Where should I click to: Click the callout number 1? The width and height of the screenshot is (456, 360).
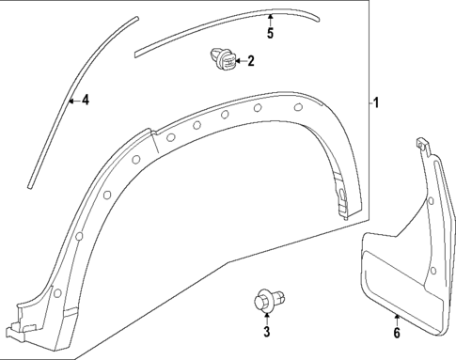coord(378,102)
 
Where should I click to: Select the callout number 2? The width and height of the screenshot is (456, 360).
coord(251,63)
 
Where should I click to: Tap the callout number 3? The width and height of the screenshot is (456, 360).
coord(266,331)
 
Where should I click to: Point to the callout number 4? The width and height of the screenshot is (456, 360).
coord(85,100)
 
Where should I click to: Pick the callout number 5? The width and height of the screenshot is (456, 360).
coord(270,34)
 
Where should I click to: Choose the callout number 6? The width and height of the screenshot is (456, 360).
coord(397,332)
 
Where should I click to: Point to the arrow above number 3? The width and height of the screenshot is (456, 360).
coord(266,317)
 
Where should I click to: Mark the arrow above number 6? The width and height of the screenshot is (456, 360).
coord(397,317)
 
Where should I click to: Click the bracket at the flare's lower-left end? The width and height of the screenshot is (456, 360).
coord(21,320)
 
